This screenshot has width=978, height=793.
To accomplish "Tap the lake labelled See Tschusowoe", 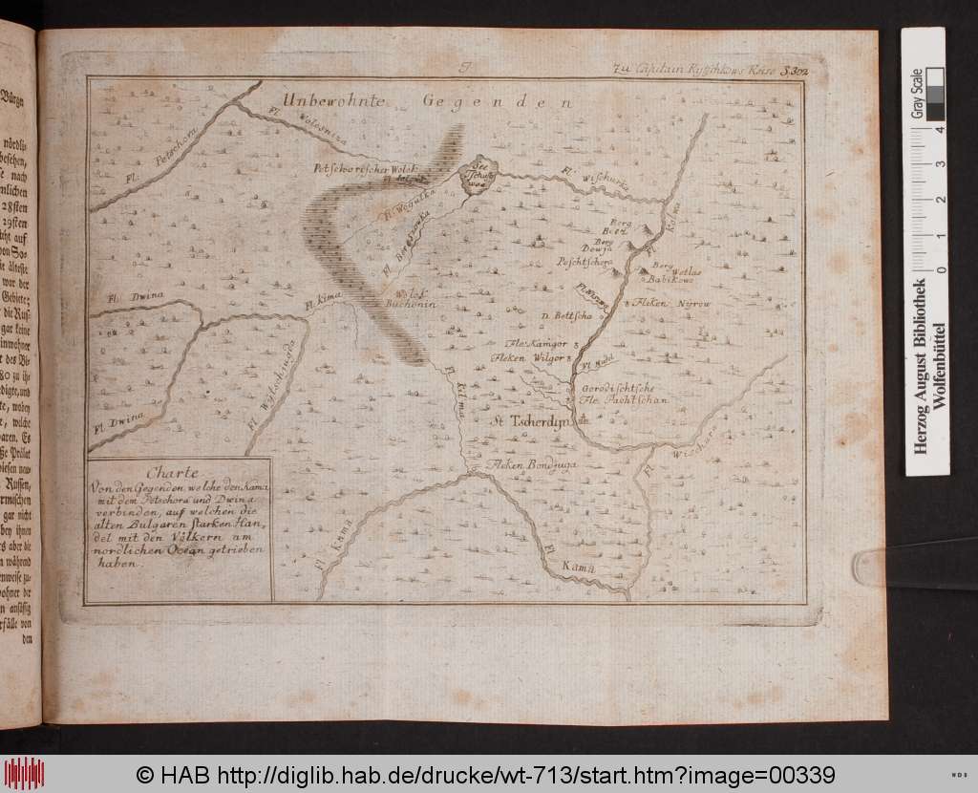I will [x=475, y=178].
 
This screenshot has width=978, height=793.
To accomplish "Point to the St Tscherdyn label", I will [x=530, y=420].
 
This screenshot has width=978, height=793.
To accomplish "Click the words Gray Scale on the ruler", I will [x=917, y=94].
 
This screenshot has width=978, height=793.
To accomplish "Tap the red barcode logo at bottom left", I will [x=24, y=773].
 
